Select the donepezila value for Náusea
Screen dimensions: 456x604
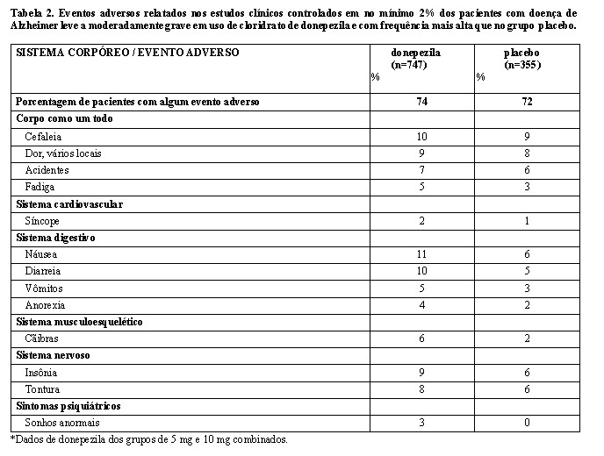click(x=422, y=254)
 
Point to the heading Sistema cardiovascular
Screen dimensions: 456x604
click(x=69, y=203)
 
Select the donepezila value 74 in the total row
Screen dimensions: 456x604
click(x=422, y=102)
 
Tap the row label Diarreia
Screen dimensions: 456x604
click(x=41, y=271)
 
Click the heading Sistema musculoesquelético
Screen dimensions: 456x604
click(x=80, y=322)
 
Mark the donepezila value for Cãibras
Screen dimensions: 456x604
click(x=422, y=338)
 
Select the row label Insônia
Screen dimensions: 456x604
click(x=40, y=373)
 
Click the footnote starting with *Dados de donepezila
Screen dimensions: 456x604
click(x=149, y=439)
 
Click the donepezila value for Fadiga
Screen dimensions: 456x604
click(x=422, y=187)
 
